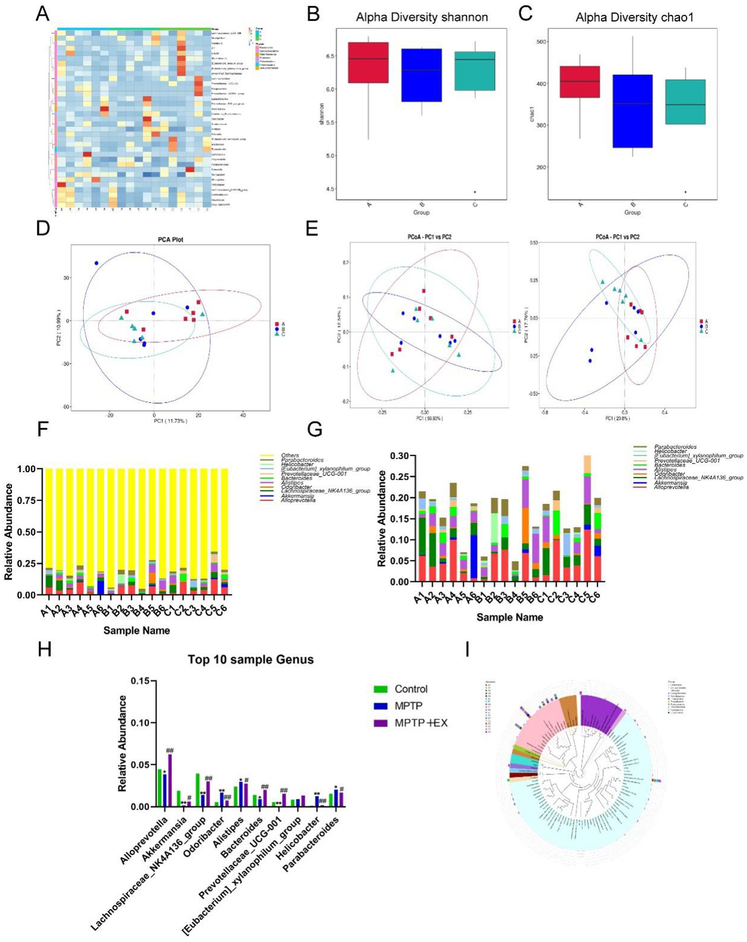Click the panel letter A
42,14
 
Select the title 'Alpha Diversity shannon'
422,18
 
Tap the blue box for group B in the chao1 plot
632,111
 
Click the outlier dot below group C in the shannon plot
475,192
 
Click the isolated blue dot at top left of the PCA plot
96,263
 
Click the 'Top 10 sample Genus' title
251,659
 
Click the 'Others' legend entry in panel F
290,456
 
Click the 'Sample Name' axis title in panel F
137,630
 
